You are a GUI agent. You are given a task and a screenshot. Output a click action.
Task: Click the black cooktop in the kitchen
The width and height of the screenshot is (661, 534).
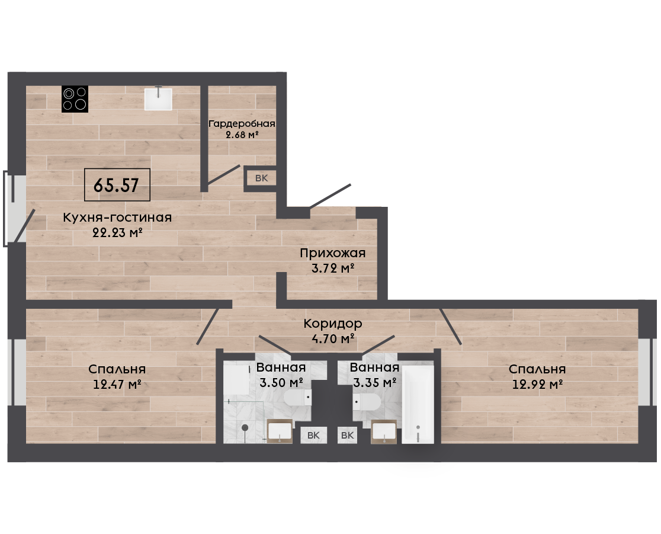pyautogui.click(x=75, y=99)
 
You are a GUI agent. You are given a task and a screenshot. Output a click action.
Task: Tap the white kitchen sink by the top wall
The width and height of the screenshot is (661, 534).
pyautogui.click(x=158, y=99)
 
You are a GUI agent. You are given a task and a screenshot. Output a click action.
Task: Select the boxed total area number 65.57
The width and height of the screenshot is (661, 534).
pyautogui.click(x=117, y=185)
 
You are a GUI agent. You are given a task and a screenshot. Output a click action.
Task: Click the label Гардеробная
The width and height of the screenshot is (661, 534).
pyautogui.click(x=242, y=124)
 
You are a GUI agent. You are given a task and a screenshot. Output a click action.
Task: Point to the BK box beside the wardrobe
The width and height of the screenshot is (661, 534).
pyautogui.click(x=261, y=178)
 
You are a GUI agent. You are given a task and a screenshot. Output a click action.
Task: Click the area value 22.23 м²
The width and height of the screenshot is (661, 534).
pyautogui.click(x=117, y=232)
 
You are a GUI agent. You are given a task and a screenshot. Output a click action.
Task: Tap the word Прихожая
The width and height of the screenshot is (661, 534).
pyautogui.click(x=333, y=253)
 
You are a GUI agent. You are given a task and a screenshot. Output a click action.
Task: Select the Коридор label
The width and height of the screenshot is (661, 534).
pyautogui.click(x=333, y=324)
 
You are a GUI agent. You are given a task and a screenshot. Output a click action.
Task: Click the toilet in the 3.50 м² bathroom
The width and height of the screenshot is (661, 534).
pyautogui.click(x=297, y=397)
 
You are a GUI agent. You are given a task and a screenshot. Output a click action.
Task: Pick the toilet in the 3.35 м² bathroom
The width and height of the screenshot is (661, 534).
pyautogui.click(x=367, y=402)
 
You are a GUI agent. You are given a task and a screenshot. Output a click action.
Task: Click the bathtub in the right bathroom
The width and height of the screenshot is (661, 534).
pyautogui.click(x=418, y=404)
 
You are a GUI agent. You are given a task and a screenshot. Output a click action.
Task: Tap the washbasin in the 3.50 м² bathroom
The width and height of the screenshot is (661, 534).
pyautogui.click(x=280, y=431)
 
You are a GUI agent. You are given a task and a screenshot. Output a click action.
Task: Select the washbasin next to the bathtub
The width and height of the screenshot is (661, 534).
pyautogui.click(x=384, y=431)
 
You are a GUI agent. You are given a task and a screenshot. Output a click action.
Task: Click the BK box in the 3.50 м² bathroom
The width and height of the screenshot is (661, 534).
pyautogui.click(x=313, y=435)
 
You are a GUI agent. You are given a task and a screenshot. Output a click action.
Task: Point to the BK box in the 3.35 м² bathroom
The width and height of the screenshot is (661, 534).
pyautogui.click(x=347, y=435)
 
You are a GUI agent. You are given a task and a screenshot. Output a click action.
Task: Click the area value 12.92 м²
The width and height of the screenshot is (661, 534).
pyautogui.click(x=537, y=384)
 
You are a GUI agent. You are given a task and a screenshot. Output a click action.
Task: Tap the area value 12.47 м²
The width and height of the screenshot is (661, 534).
pyautogui.click(x=117, y=384)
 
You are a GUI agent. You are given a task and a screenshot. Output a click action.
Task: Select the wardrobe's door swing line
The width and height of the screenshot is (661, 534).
pyautogui.click(x=223, y=175)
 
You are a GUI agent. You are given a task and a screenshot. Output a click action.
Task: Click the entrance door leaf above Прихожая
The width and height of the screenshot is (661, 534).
pyautogui.click(x=330, y=196)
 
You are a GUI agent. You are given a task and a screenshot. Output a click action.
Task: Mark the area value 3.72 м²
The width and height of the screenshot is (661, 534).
pyautogui.click(x=333, y=268)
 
